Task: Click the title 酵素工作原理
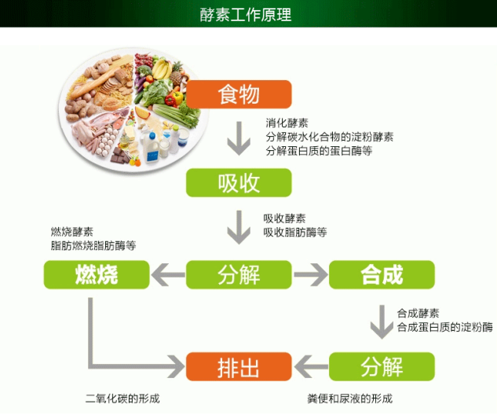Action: (248, 14)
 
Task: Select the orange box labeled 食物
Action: (239, 96)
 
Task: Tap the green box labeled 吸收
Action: (239, 183)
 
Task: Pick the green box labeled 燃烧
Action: (96, 274)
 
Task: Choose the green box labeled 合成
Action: (382, 274)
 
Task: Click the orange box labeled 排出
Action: (239, 366)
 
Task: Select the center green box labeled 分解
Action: (239, 274)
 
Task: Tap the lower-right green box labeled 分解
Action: (382, 366)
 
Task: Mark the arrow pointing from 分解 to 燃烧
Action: (166, 274)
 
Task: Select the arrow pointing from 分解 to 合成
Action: (310, 274)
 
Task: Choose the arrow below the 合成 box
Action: (382, 320)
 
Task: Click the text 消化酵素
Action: (287, 123)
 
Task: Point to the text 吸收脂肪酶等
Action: (295, 232)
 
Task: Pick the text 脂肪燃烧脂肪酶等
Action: (93, 245)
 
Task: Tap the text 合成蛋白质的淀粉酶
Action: (444, 326)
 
